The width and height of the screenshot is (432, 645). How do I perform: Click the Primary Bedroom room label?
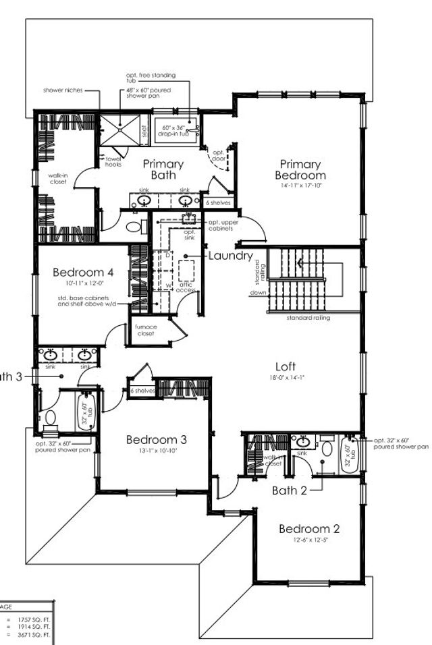300,169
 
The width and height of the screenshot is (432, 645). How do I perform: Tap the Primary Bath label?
163,169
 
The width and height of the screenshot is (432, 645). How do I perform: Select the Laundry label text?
230,256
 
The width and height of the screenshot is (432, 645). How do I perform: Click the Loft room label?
286,368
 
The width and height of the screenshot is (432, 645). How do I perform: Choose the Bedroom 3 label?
156,440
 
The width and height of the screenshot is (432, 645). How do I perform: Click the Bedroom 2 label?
310,528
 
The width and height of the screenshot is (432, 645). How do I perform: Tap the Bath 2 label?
290,490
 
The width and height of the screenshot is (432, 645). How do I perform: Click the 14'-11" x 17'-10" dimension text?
300,185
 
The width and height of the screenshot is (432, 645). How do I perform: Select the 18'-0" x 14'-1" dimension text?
286,380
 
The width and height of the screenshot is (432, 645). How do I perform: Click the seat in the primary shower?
143,129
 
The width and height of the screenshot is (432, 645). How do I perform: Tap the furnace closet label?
142,331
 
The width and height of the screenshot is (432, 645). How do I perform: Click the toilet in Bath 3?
49,419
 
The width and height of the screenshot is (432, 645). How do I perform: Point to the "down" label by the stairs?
257,293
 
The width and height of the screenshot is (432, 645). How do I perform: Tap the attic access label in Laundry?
186,287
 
